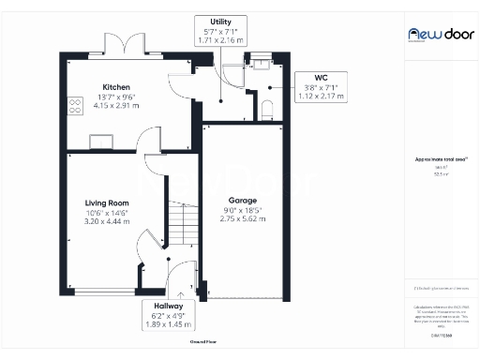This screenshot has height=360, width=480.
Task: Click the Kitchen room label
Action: point(116,87)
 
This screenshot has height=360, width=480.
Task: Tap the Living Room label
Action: point(106,202)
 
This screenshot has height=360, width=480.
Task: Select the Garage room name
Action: point(243,200)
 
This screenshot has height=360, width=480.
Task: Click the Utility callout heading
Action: point(221,22)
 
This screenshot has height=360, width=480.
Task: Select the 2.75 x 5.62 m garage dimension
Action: point(243,219)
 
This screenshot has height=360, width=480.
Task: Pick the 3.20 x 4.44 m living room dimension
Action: point(106,222)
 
